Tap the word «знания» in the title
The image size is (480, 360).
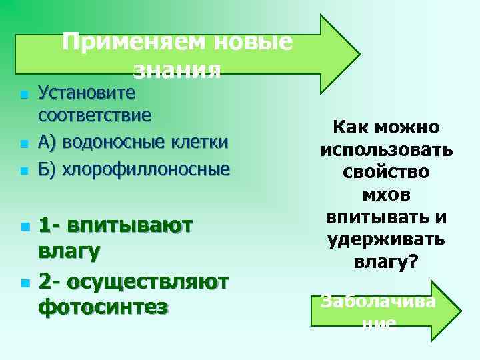point(177,69)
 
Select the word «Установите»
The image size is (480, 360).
point(87,91)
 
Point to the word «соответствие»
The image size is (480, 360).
point(95,115)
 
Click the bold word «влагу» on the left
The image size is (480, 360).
point(70,252)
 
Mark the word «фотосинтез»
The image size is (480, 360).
point(103,307)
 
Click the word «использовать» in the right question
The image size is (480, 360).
point(386,149)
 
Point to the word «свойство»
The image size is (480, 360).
point(386,172)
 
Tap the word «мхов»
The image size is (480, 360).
point(386,195)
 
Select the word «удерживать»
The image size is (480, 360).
point(386,240)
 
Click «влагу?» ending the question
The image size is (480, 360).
point(386,263)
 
